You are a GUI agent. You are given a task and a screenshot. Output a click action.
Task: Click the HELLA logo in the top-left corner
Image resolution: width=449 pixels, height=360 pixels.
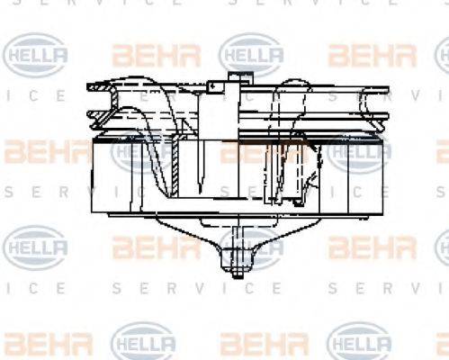[36, 55]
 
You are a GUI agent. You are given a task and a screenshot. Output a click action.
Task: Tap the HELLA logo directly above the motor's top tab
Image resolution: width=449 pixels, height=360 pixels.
[251, 55]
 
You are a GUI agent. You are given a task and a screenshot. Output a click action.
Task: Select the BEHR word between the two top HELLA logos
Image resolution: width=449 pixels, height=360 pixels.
[144, 55]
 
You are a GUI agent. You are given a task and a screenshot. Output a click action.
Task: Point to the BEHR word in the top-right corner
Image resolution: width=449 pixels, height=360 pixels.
[373, 55]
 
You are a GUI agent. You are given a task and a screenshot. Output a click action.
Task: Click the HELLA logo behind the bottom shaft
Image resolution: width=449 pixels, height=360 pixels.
[251, 245]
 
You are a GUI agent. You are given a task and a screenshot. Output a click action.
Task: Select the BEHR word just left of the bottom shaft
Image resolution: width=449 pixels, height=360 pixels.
[144, 245]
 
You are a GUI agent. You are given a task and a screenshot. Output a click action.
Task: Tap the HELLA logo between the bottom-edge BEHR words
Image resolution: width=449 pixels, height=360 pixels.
[144, 341]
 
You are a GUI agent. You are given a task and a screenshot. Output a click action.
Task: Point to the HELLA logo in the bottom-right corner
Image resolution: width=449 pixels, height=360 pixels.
[358, 341]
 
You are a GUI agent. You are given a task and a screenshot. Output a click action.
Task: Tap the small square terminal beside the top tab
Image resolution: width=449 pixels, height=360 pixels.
[214, 87]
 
